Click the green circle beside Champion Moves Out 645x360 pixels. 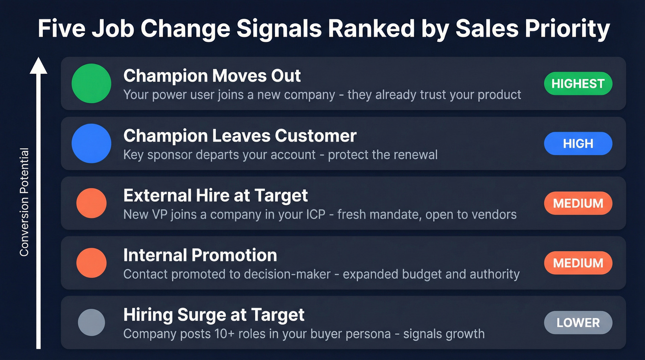click(91, 83)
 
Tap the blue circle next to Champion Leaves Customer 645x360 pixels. click(91, 143)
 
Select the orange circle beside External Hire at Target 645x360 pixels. click(91, 203)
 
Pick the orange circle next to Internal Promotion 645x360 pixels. click(91, 263)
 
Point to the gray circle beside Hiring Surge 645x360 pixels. click(91, 323)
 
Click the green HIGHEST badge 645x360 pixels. click(578, 84)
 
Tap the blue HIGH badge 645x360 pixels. click(578, 143)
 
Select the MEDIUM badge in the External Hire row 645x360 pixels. click(578, 203)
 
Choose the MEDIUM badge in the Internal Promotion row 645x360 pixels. click(578, 263)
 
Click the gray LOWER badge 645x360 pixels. click(578, 323)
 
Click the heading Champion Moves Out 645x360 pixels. click(212, 76)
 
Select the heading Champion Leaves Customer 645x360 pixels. click(240, 136)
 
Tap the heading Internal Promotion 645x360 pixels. click(200, 255)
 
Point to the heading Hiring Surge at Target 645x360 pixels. click(214, 315)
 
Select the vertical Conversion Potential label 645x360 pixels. click(24, 202)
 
